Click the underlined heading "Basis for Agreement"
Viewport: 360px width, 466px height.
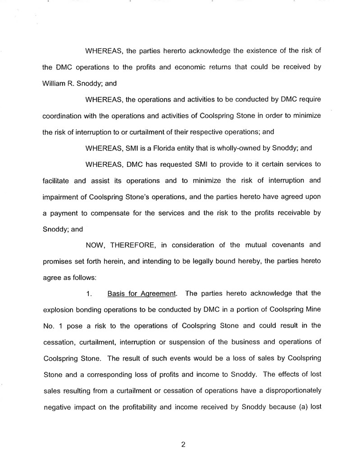coord(141,294)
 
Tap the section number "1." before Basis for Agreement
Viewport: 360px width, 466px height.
coord(89,294)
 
